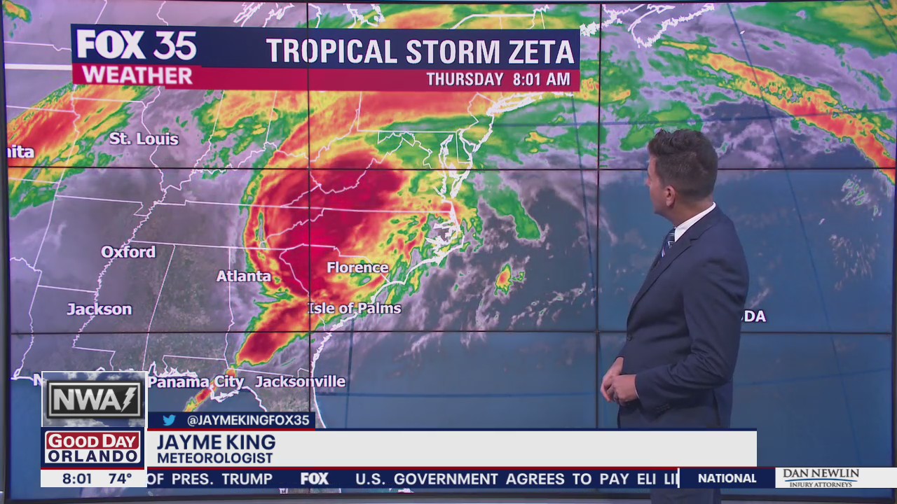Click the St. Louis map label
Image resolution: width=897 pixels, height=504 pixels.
[144, 139]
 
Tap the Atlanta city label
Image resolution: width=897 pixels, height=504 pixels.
[243, 276]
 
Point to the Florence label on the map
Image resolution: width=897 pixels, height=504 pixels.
[357, 267]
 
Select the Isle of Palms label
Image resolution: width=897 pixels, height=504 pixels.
[355, 308]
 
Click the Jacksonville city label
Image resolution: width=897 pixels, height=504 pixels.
[300, 381]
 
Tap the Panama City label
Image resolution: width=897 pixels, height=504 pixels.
[196, 382]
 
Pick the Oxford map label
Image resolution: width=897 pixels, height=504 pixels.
[128, 252]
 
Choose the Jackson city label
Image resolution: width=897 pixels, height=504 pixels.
[100, 309]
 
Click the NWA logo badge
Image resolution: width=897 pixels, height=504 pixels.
[94, 400]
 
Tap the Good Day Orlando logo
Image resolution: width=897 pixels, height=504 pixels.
[93, 448]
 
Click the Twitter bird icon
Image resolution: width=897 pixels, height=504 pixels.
[169, 420]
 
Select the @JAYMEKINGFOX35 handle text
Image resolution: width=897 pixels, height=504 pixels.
[248, 421]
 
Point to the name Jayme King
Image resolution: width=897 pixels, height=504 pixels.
[216, 442]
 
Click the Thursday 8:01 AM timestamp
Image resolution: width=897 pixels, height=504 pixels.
[498, 79]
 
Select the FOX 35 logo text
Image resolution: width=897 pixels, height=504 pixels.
[137, 45]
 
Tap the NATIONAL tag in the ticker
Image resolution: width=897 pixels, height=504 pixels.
[727, 478]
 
